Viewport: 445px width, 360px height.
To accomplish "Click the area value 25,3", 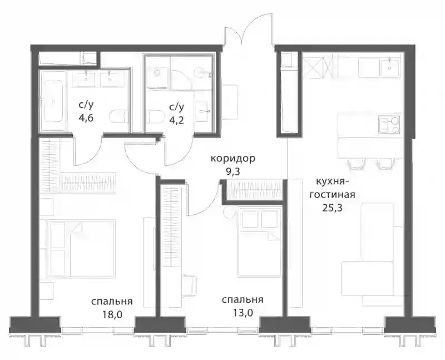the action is pyautogui.click(x=332, y=208).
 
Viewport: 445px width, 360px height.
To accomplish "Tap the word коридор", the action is pyautogui.click(x=233, y=159).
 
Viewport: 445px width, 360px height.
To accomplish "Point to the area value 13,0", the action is pyautogui.click(x=242, y=313).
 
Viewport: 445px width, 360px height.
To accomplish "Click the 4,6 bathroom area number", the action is pyautogui.click(x=86, y=118).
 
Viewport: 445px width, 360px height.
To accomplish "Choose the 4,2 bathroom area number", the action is pyautogui.click(x=176, y=120).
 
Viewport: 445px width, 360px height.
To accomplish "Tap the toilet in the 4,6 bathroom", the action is pyautogui.click(x=117, y=117).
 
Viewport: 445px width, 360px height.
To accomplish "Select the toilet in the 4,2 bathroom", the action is pyautogui.click(x=156, y=117).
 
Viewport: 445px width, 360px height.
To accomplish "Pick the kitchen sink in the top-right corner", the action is pyautogui.click(x=390, y=67).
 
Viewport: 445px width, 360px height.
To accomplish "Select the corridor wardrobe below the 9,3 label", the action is pyautogui.click(x=254, y=190).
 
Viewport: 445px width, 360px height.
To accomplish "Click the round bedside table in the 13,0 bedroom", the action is pyautogui.click(x=228, y=212).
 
